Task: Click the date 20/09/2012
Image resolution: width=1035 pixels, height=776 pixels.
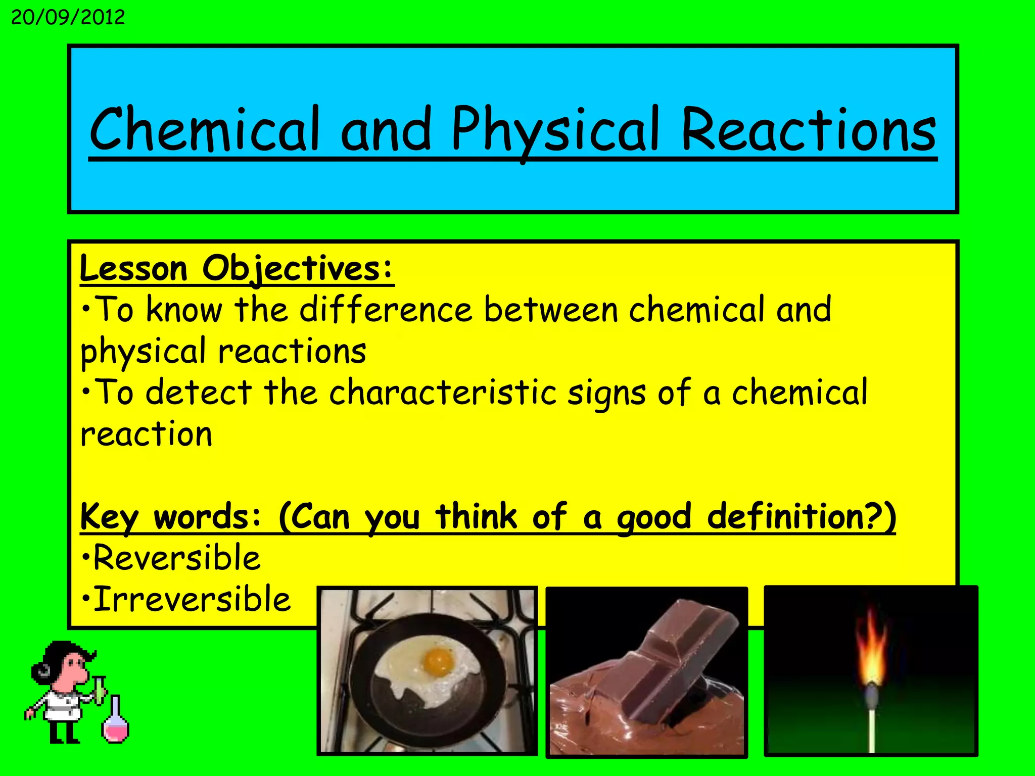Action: coord(68,18)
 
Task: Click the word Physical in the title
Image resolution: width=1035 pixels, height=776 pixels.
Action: coord(555,130)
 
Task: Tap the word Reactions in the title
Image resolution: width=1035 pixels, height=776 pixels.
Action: coord(809,130)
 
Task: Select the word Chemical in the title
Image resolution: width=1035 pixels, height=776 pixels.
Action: coord(205,130)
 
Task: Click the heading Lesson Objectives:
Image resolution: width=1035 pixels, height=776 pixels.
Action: coord(236,269)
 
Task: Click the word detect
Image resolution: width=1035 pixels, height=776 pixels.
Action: coord(199,393)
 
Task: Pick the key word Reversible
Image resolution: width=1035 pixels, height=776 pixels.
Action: coord(177,558)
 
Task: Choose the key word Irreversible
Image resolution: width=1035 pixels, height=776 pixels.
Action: coord(192,600)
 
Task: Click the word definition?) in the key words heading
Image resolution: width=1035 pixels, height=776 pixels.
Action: coord(801,517)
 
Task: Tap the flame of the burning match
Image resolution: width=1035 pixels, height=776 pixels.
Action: coord(871,652)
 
